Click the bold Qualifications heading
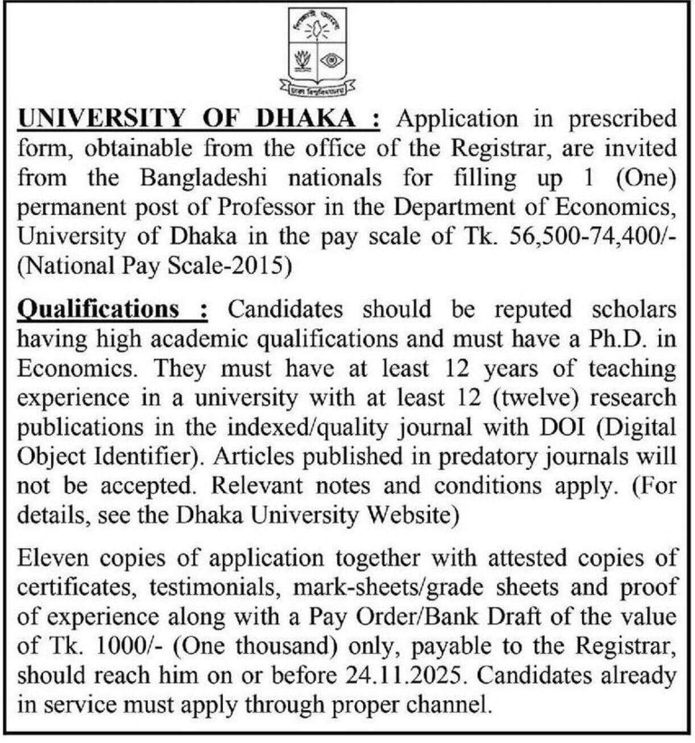[x=99, y=309]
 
